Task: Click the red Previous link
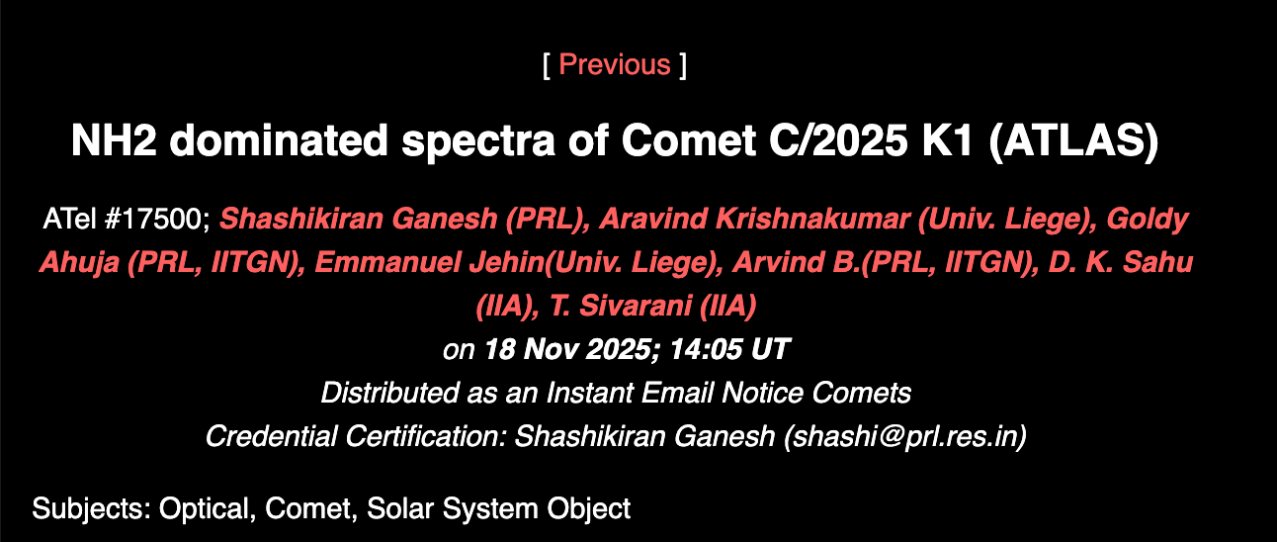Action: [615, 64]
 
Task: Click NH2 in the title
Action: [114, 140]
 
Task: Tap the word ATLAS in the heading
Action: [1073, 140]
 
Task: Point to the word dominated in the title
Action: [278, 140]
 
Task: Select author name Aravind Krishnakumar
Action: [754, 220]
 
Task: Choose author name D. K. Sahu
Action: [1121, 262]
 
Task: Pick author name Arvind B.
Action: [797, 262]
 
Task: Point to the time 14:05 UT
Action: [729, 349]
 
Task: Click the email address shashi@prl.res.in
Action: [904, 437]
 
